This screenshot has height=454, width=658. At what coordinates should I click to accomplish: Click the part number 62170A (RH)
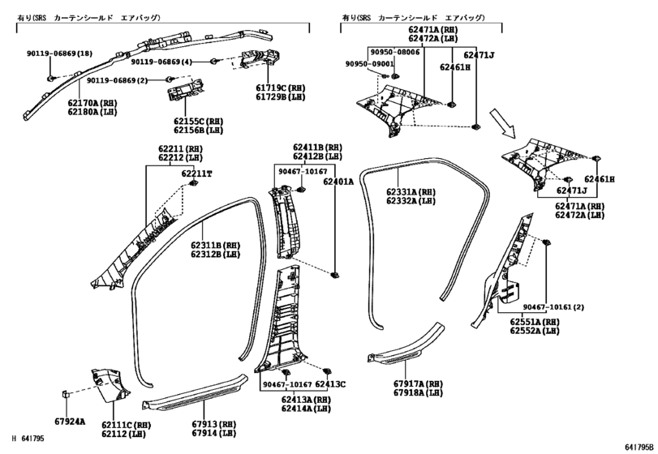pos(92,103)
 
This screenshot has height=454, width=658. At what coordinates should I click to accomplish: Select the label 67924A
pos(70,422)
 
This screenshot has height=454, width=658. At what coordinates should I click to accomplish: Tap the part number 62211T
pos(197,173)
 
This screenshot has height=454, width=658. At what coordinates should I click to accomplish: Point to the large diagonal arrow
pos(502,123)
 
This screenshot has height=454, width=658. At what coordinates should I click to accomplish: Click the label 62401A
pos(338,182)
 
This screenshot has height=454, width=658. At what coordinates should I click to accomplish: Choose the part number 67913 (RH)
pos(214,424)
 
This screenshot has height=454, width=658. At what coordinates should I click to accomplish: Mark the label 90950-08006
pos(394,52)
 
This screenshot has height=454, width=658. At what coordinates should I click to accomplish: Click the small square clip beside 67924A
pos(66,394)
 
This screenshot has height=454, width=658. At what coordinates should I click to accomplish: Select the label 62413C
pos(330,384)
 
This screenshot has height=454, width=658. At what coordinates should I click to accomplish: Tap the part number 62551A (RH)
pos(535,322)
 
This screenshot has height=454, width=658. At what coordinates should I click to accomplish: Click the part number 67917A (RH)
pos(418,383)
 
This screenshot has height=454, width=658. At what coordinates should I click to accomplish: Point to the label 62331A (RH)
pos(411,192)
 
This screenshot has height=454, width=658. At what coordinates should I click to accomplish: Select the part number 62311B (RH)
pos(215,245)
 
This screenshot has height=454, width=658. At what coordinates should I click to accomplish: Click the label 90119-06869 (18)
pos(59,54)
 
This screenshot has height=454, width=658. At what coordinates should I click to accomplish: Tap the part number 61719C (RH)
pos(281,88)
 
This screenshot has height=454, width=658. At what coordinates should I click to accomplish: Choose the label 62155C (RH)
pos(199,122)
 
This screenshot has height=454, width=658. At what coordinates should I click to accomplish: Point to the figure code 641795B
pos(639,447)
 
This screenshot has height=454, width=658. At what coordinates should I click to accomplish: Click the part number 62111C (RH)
pos(127,426)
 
